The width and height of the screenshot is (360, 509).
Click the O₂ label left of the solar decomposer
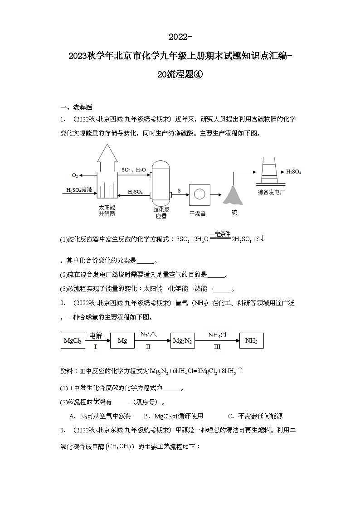[75, 175]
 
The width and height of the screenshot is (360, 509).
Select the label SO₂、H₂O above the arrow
[134, 170]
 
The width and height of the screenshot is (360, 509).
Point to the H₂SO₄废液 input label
[80, 190]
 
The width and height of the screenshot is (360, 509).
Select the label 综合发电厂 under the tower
[270, 192]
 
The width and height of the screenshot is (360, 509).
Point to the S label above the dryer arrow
[179, 191]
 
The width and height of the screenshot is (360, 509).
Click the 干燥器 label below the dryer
[198, 213]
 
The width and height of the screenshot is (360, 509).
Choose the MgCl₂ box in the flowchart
[73, 340]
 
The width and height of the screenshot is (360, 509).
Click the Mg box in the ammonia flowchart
[122, 340]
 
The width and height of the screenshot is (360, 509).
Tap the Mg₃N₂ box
[182, 340]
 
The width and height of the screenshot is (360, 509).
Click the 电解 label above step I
[96, 335]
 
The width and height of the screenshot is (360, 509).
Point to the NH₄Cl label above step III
[217, 335]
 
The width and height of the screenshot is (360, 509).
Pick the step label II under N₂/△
[148, 347]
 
